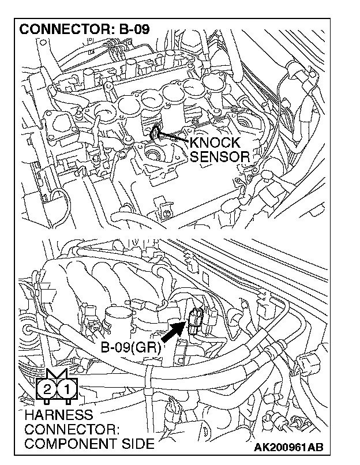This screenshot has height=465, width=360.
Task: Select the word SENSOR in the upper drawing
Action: (219, 156)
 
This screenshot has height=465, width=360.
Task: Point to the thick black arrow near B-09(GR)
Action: (173, 333)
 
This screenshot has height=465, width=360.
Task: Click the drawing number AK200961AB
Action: (288, 447)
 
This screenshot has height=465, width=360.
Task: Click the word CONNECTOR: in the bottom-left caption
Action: (72, 430)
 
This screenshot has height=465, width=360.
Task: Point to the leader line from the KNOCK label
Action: (173, 139)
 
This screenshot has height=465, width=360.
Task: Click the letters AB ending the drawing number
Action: (316, 447)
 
